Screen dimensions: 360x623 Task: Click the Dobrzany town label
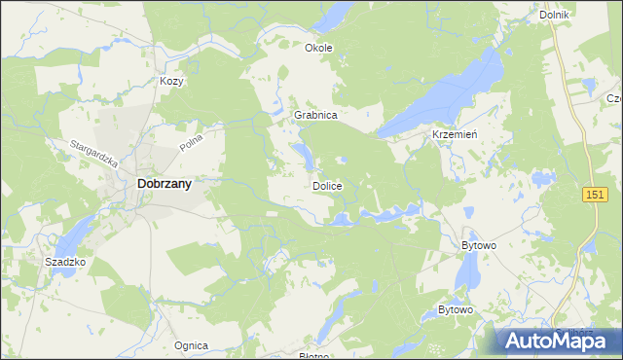[x=164, y=182]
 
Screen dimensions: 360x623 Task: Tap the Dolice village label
[x=326, y=185]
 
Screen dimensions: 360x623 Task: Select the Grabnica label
[x=315, y=115]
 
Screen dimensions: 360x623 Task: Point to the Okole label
[x=318, y=48]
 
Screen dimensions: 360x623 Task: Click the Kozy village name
[x=172, y=82]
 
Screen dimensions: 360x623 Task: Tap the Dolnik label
[x=553, y=16]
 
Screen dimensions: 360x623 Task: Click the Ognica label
[x=191, y=345]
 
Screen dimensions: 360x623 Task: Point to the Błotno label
[x=313, y=355]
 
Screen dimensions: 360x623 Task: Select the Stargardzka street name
[x=93, y=155]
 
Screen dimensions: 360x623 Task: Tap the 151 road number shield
[x=595, y=196]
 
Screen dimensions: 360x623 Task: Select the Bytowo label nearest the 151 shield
[x=478, y=246]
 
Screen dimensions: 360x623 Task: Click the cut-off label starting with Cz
[x=614, y=98]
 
